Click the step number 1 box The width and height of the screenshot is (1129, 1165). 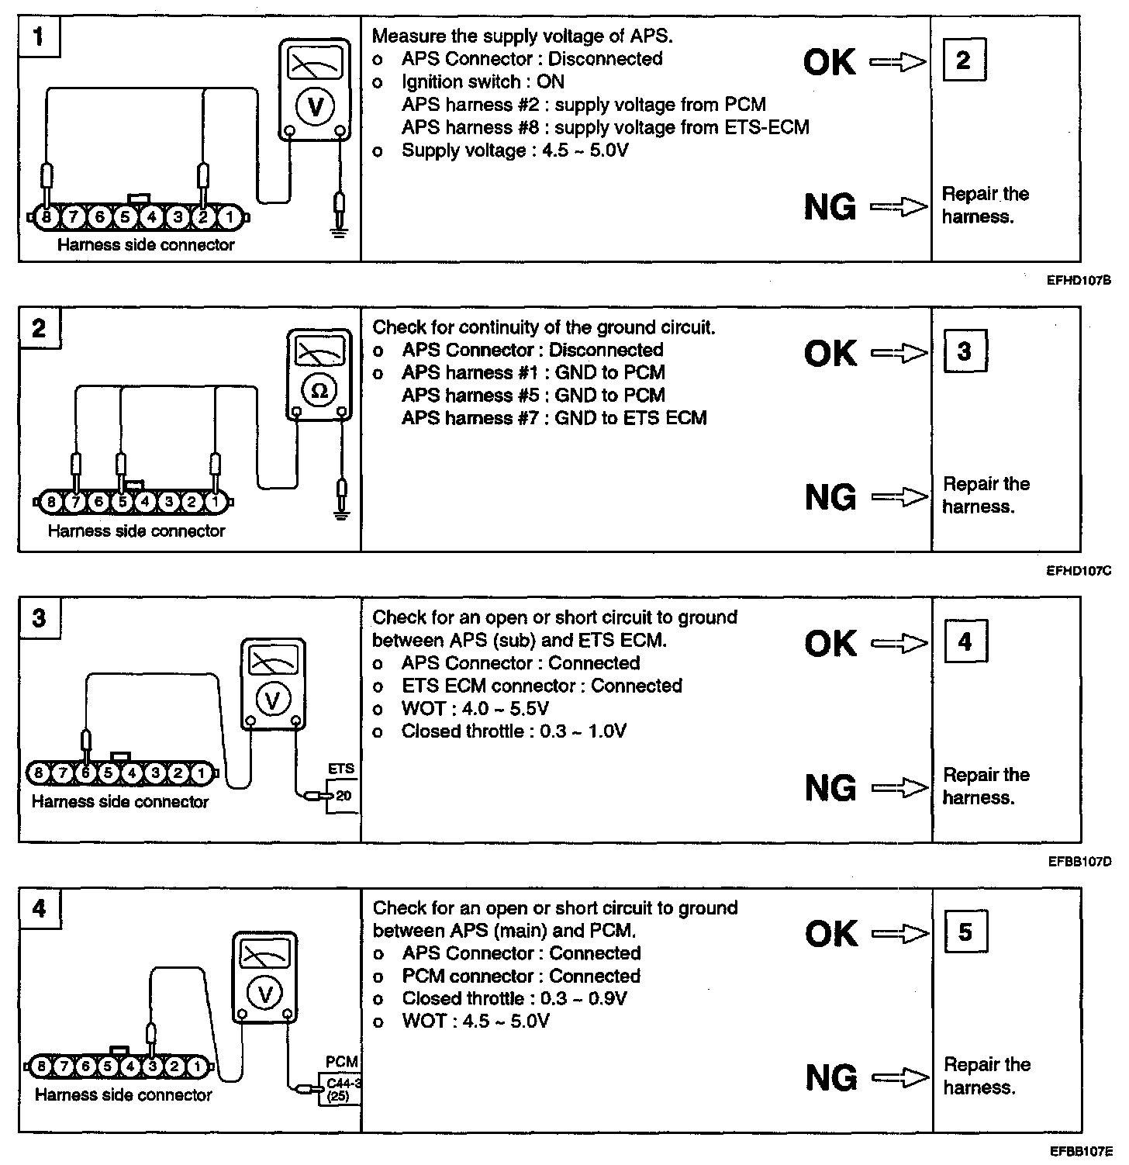(38, 36)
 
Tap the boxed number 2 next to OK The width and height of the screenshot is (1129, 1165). (964, 60)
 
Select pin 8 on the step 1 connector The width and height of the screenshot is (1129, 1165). (46, 218)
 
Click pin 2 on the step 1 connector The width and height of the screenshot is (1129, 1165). (203, 218)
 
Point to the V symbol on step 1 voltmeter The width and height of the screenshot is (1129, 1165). (315, 106)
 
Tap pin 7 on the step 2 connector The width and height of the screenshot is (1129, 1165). (75, 502)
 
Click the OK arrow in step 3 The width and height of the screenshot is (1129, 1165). (899, 643)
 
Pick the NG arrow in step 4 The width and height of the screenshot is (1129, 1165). (899, 1078)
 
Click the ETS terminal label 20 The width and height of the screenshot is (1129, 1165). (344, 795)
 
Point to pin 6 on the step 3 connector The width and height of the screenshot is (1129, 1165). (86, 773)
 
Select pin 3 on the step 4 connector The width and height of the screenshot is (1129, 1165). (152, 1066)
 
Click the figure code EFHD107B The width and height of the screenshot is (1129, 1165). (1079, 281)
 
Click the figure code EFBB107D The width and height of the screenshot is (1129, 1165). (1079, 861)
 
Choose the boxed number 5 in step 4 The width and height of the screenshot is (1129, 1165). (965, 932)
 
